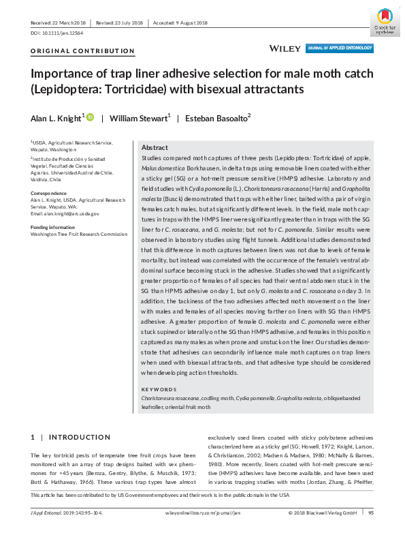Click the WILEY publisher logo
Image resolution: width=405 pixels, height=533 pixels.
coord(282,49)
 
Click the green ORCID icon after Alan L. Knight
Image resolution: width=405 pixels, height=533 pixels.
coord(90,119)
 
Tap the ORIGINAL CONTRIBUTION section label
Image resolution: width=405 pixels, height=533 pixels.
coord(82,51)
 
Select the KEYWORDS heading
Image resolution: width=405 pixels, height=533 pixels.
coord(158,389)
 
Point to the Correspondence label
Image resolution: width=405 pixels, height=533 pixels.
coord(50,193)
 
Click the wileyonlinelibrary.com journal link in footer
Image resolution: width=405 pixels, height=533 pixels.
coord(204,512)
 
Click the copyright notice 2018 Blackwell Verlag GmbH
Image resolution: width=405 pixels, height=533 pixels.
coord(323,512)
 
